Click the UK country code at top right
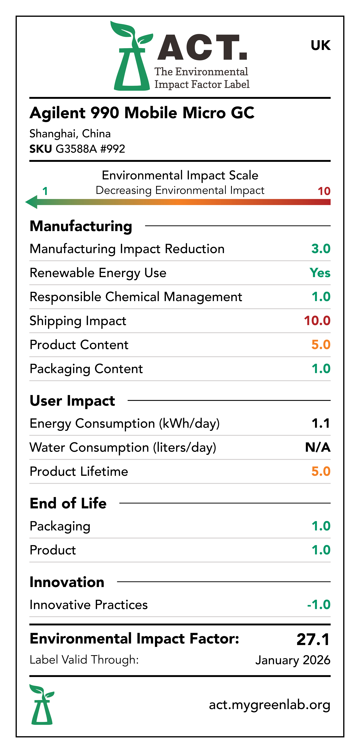click(321, 45)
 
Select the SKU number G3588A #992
click(90, 149)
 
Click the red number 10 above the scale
click(324, 191)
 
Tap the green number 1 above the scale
click(45, 191)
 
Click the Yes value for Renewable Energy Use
click(320, 273)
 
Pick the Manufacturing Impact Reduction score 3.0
click(321, 249)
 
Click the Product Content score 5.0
click(321, 345)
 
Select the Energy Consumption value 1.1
click(321, 423)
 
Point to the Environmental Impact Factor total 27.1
click(313, 639)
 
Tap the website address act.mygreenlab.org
click(269, 705)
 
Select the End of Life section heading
click(68, 503)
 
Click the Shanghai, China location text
click(70, 134)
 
